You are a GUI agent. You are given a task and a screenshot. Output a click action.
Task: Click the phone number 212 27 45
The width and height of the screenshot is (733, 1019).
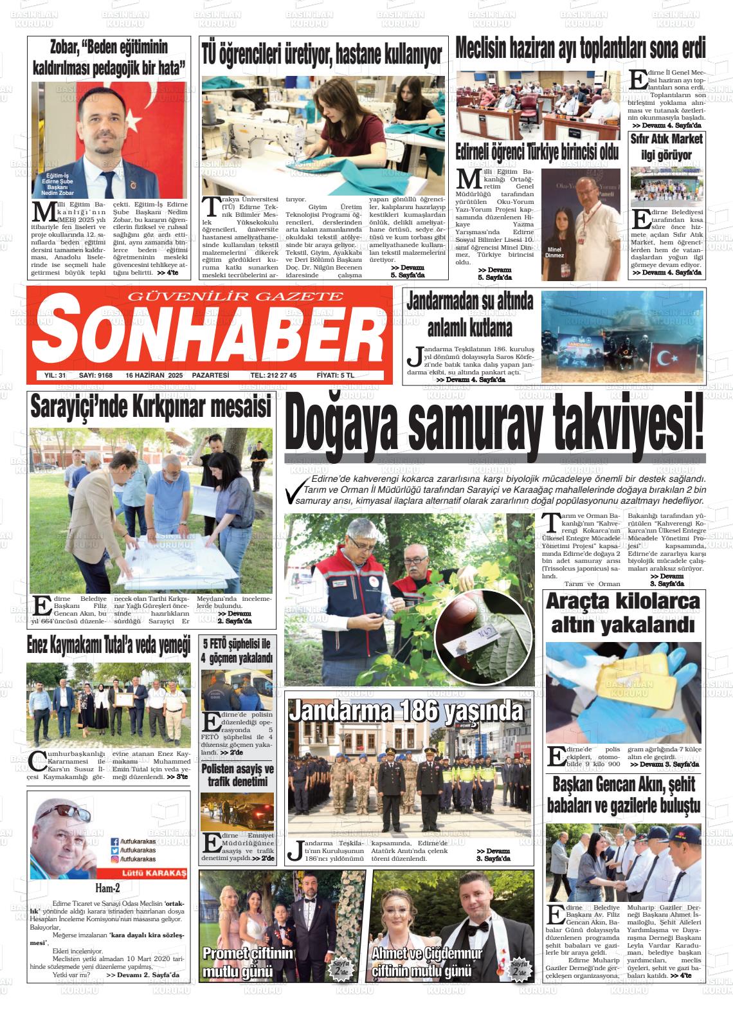tap(273, 376)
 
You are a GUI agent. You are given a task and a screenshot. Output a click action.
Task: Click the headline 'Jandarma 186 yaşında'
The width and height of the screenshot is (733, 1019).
tap(406, 712)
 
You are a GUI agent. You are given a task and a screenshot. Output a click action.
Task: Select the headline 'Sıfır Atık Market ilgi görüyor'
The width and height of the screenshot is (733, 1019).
tap(665, 147)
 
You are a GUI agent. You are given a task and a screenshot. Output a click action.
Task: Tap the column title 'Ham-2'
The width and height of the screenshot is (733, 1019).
tap(107, 889)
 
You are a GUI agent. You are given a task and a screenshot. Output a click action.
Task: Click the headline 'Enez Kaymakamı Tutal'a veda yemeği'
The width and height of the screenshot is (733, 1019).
tap(109, 646)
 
